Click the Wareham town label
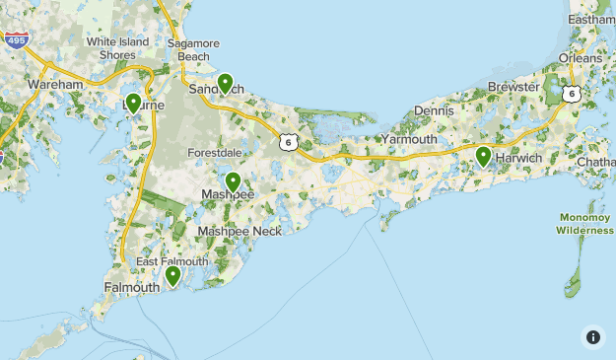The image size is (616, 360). [x=56, y=86]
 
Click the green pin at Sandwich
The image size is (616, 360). [x=226, y=84]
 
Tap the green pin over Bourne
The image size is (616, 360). [x=133, y=103]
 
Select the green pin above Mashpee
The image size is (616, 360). [x=234, y=181]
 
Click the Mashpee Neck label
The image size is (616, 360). [x=240, y=231]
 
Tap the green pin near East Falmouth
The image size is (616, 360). [x=173, y=275]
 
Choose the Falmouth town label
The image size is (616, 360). [x=131, y=288]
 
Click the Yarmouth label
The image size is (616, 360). [x=408, y=140]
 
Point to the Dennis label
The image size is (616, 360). [x=435, y=110]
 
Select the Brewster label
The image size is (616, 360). [x=513, y=87]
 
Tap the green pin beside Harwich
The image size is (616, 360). [x=483, y=156]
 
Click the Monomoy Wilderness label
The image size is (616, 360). [x=585, y=224]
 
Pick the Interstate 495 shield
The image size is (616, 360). [x=15, y=40]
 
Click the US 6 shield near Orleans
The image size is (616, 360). [x=572, y=94]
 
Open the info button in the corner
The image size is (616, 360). [x=593, y=336]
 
